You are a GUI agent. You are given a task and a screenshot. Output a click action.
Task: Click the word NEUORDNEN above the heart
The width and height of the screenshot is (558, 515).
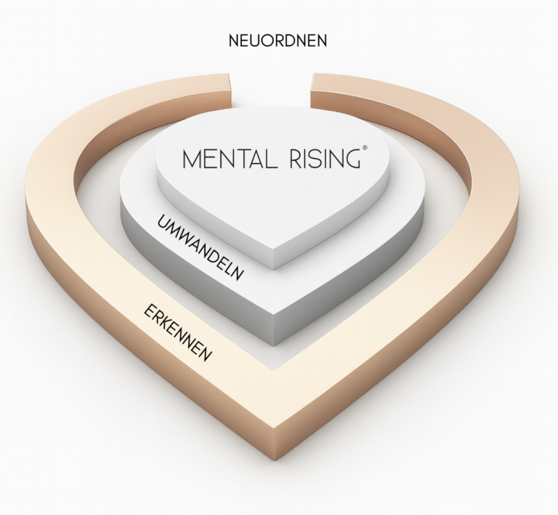pyautogui.click(x=278, y=41)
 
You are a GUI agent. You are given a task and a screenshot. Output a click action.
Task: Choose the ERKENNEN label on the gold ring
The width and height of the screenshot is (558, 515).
pyautogui.click(x=178, y=334)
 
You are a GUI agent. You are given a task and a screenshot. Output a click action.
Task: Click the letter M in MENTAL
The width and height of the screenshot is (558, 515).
pyautogui.click(x=192, y=159)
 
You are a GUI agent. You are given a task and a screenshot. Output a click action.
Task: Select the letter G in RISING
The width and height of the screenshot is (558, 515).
pyautogui.click(x=352, y=158)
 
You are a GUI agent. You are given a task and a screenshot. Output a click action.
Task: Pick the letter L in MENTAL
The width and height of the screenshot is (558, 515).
pyautogui.click(x=263, y=159)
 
